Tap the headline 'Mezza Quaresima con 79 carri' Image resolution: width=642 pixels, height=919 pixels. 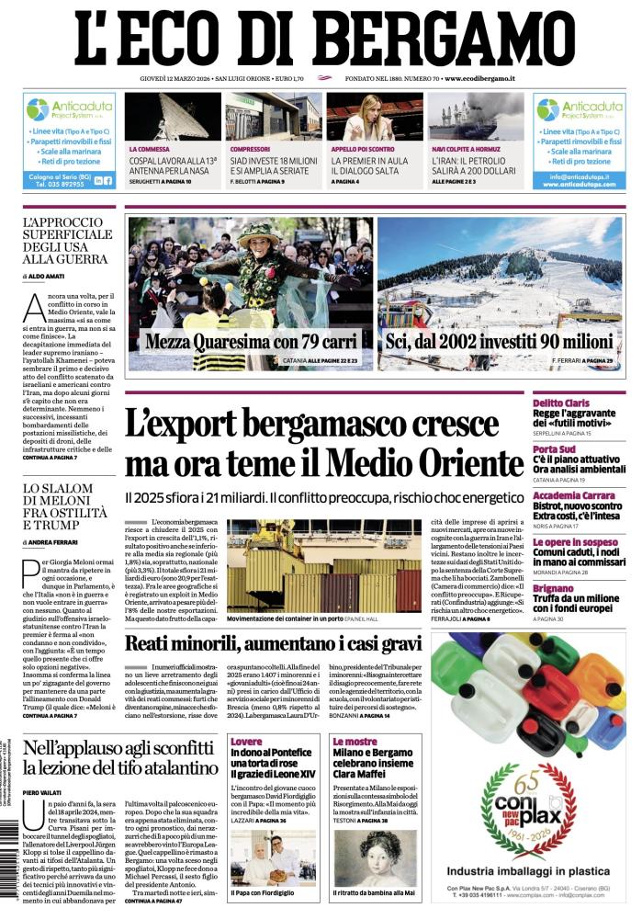251,342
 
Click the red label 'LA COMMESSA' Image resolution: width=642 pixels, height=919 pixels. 150,148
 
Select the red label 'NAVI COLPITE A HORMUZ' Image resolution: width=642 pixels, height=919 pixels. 466,148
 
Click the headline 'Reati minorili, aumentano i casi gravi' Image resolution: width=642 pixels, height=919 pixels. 274,642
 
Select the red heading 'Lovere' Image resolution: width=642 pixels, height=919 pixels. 246,741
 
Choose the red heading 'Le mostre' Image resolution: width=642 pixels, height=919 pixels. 355,741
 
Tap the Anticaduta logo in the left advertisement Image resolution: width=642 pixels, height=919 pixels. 70,109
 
